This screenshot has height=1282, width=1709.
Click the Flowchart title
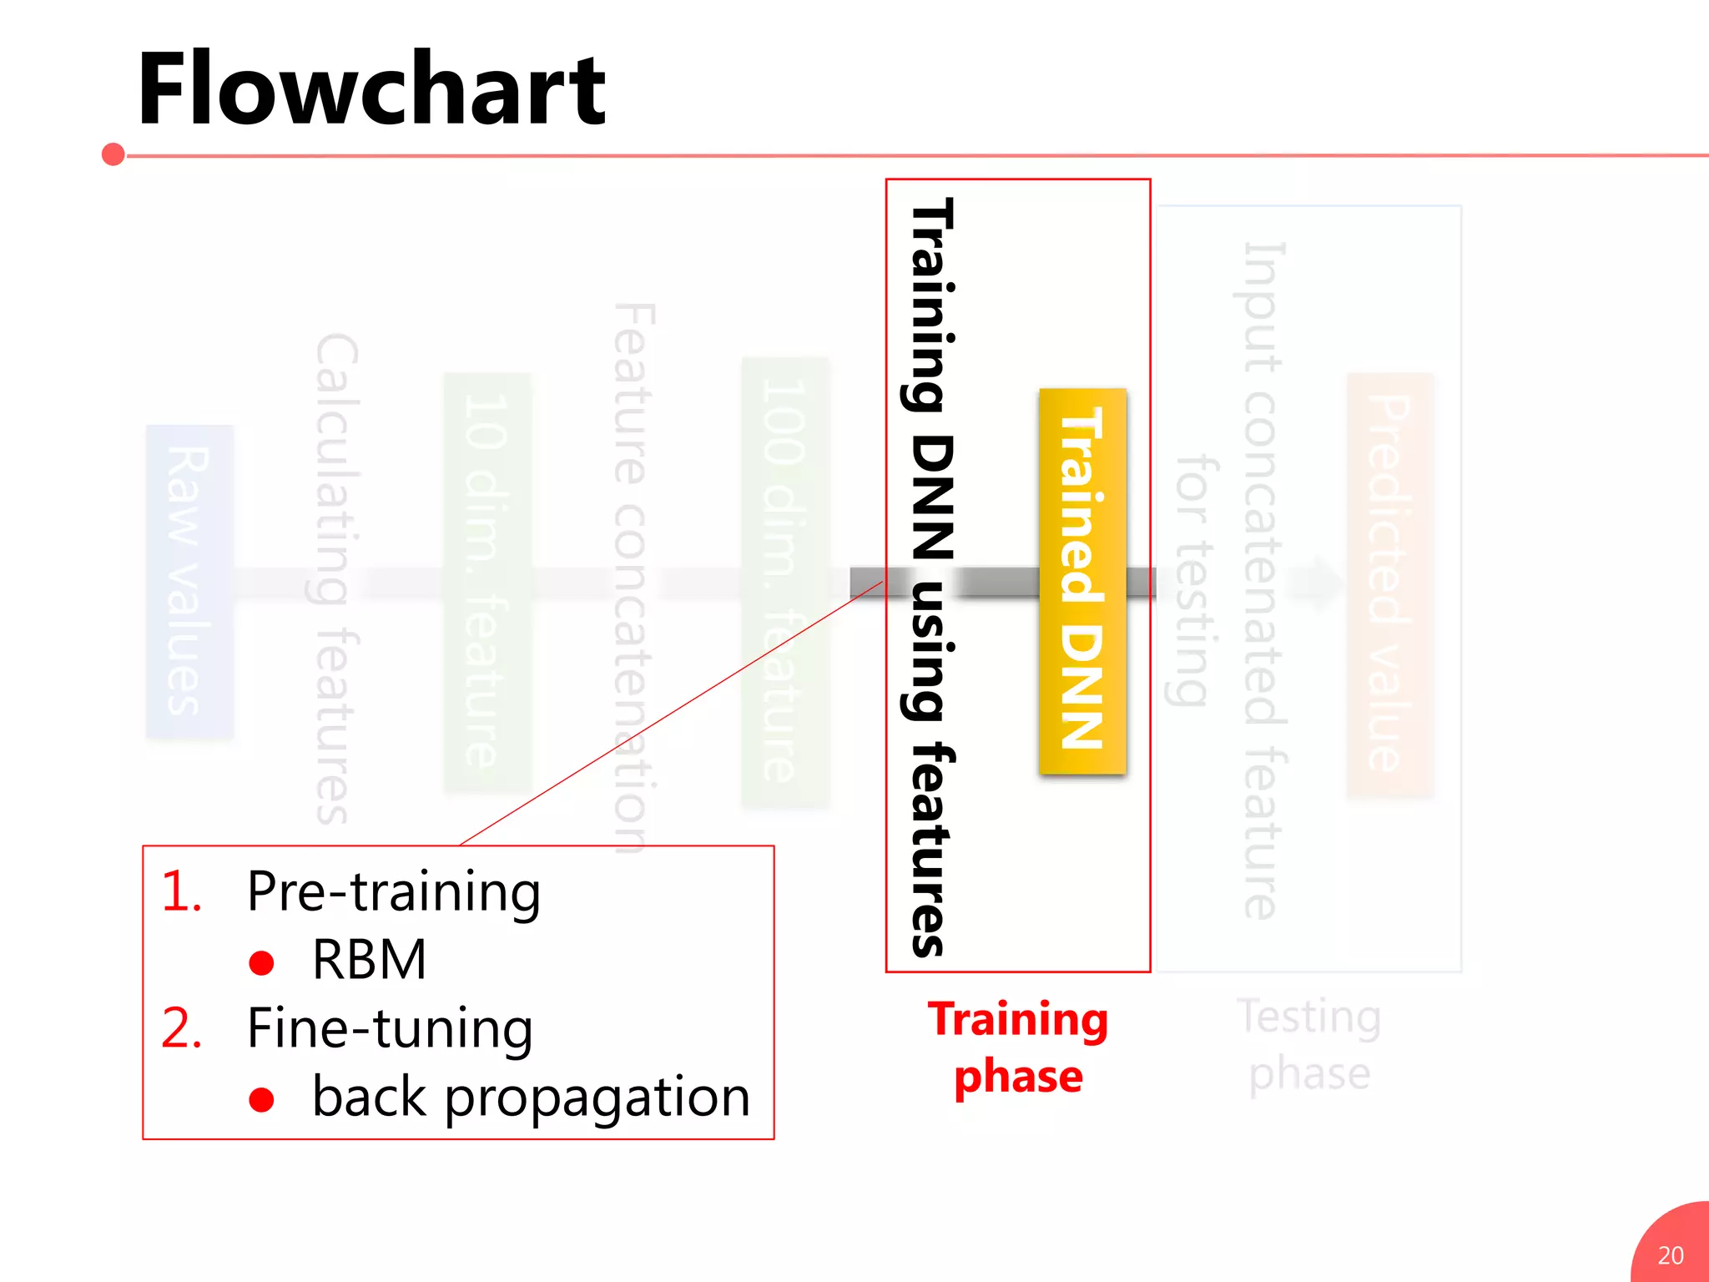pyautogui.click(x=371, y=88)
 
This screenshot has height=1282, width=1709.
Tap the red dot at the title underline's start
pyautogui.click(x=113, y=154)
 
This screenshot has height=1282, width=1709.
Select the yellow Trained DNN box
pyautogui.click(x=1082, y=581)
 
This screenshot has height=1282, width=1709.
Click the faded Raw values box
pyautogui.click(x=189, y=581)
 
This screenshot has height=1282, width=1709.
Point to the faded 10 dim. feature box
pyautogui.click(x=487, y=581)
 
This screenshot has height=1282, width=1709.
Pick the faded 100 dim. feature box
pyautogui.click(x=785, y=581)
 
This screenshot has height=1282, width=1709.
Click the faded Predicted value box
pyautogui.click(x=1390, y=584)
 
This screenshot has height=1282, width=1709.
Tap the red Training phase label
pyautogui.click(x=1018, y=1047)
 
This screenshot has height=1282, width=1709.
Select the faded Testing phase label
pyautogui.click(x=1309, y=1044)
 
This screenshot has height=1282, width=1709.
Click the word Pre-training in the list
pyautogui.click(x=394, y=892)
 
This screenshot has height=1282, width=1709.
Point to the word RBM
pyautogui.click(x=369, y=960)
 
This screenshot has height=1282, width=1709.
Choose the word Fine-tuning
pyautogui.click(x=390, y=1028)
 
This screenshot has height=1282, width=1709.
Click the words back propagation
pyautogui.click(x=531, y=1097)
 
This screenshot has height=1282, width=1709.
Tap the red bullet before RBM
pyautogui.click(x=261, y=963)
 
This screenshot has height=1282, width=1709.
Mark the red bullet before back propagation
pyautogui.click(x=261, y=1100)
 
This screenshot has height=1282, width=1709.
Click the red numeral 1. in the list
pyautogui.click(x=181, y=891)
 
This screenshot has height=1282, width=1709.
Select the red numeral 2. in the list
pyautogui.click(x=181, y=1028)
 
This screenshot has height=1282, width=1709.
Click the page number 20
pyautogui.click(x=1671, y=1255)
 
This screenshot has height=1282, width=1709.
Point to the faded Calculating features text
pyautogui.click(x=337, y=578)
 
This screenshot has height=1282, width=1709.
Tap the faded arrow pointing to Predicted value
pyautogui.click(x=1316, y=583)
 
